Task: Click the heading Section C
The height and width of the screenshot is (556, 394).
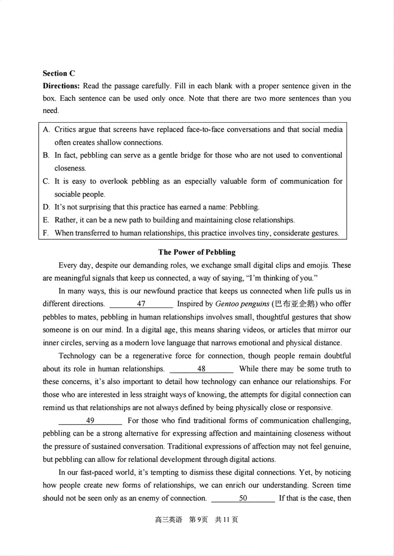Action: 59,73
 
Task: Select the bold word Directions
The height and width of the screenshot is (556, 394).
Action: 61,86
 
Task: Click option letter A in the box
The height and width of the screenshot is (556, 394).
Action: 46,130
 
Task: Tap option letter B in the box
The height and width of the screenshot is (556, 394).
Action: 46,155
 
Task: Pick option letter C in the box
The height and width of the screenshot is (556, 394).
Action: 46,181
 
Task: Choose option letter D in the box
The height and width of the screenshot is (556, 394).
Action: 46,207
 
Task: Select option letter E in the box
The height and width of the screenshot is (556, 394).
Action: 46,220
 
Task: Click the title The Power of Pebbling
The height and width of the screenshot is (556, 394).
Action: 197,252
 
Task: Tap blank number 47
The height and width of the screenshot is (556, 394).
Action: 141,304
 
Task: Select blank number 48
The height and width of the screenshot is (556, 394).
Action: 201,368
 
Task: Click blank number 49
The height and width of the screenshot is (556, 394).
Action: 90,420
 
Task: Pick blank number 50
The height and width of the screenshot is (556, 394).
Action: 243,498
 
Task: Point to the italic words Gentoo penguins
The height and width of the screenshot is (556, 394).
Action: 242,304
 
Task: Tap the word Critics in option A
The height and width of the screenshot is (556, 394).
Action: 66,130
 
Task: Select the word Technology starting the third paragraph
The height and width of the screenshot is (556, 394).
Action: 77,356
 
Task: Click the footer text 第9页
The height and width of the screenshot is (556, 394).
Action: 198,520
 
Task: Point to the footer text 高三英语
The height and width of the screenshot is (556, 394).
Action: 168,520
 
